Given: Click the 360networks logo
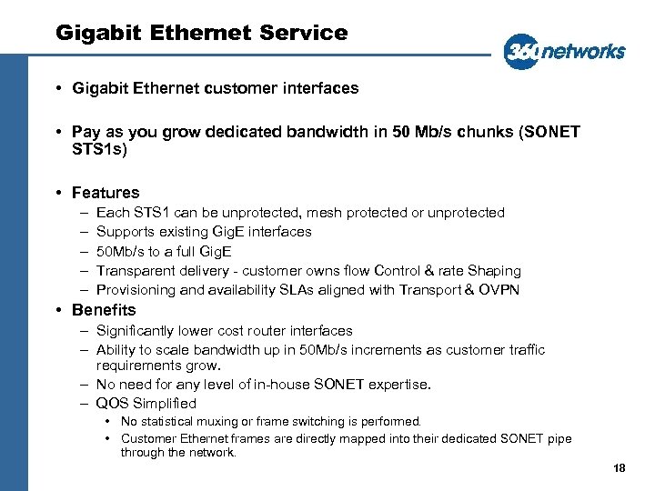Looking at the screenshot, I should [x=564, y=51].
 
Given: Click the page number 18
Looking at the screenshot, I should [x=620, y=468].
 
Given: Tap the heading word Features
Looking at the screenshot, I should [x=106, y=193].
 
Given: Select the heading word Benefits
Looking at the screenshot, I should [x=104, y=310].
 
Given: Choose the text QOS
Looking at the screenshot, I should [x=112, y=404].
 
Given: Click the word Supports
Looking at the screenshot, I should [x=124, y=232].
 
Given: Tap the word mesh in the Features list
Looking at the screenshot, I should [x=325, y=213].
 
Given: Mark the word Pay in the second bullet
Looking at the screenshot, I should [x=86, y=133].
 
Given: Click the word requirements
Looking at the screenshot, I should [x=136, y=366].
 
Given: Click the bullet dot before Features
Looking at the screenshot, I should [x=57, y=193].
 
